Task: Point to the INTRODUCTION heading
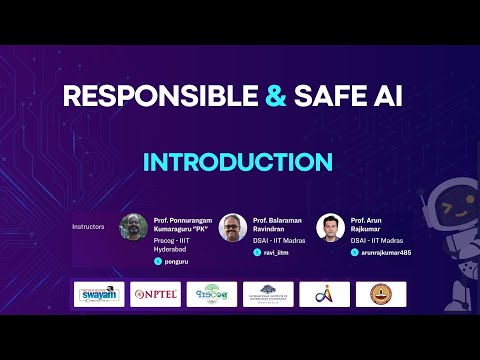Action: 238,162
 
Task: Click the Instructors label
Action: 88,226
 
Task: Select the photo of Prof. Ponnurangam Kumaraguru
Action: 133,228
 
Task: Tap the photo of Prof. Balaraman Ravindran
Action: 232,228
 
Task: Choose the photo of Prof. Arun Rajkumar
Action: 330,228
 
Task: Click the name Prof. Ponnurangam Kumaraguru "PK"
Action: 186,222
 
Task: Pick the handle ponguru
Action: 175,260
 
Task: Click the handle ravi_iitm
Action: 275,253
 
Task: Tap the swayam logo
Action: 101,294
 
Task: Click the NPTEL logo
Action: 156,294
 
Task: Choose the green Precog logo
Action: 212,294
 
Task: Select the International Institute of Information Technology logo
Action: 268,294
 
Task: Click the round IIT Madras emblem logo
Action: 381,294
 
